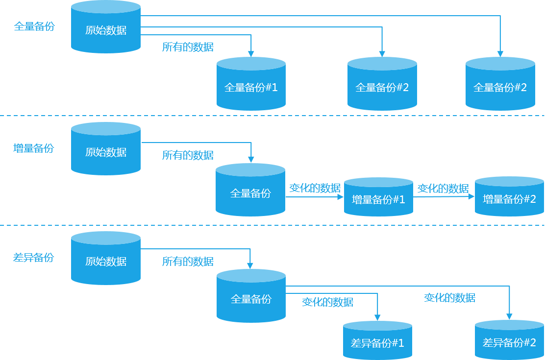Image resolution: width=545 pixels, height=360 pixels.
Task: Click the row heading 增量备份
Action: click(34, 148)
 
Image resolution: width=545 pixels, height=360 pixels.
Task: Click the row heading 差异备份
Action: click(34, 257)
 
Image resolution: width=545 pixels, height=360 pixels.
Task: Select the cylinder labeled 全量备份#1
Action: click(251, 84)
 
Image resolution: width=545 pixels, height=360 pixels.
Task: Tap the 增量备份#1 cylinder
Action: click(378, 197)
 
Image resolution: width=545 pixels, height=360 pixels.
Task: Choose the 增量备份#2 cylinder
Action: click(510, 196)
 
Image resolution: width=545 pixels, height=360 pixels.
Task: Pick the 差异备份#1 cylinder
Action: click(377, 340)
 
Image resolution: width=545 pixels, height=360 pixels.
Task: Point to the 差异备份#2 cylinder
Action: click(510, 340)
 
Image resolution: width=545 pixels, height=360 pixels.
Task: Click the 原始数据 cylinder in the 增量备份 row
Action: click(106, 148)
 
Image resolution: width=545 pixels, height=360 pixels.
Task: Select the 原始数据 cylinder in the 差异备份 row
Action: click(106, 258)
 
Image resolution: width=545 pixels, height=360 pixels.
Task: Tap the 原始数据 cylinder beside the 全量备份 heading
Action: click(106, 27)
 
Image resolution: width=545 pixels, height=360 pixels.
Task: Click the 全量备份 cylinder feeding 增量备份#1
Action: click(250, 190)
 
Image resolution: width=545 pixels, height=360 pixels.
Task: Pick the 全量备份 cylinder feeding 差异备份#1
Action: click(251, 296)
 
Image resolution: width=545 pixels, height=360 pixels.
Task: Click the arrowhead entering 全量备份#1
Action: click(250, 54)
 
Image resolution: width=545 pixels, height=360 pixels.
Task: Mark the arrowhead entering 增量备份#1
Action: click(341, 197)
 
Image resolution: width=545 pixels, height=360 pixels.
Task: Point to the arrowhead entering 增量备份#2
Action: click(471, 196)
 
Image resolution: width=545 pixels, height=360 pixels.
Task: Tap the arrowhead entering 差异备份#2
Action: click(509, 316)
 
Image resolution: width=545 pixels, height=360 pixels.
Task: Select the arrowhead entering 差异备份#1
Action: click(377, 317)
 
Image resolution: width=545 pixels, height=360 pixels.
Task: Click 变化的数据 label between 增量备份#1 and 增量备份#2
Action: click(443, 189)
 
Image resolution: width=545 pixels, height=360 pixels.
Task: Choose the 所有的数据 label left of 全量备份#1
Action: click(188, 47)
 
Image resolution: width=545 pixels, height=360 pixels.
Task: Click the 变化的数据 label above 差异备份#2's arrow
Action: click(450, 297)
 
